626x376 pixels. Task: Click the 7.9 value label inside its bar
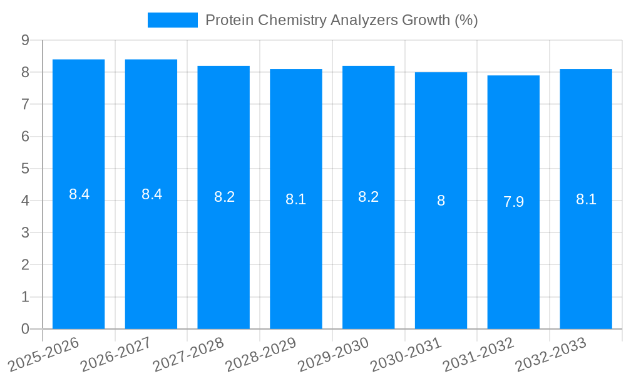coord(513,202)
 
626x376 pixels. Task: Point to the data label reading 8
coord(441,201)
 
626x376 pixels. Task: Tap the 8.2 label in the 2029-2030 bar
coord(368,197)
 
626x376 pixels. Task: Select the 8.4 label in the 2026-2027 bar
coord(151,194)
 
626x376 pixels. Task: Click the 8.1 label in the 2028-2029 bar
coord(295,199)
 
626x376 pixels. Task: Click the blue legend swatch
coord(172,20)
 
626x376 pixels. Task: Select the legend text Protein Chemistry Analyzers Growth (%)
coord(341,20)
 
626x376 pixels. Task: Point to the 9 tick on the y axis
coord(25,40)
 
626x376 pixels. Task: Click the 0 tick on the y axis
coord(25,329)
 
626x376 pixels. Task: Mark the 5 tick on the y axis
coord(25,169)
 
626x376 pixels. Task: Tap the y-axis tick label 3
coord(25,232)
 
